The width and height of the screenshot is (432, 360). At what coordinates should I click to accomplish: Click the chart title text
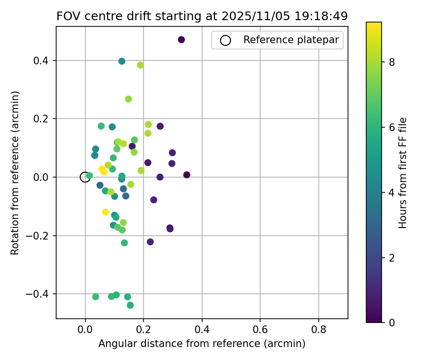[202, 16]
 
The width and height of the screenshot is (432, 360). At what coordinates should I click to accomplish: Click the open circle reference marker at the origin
[85, 177]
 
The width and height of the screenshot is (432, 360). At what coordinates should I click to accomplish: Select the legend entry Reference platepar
[278, 40]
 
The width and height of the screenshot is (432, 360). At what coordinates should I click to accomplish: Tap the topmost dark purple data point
[181, 40]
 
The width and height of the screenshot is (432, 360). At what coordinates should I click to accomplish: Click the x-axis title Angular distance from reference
[202, 344]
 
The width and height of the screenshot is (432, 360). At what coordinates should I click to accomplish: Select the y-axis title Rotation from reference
[15, 173]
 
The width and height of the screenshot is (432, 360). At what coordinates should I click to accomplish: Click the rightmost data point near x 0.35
[187, 175]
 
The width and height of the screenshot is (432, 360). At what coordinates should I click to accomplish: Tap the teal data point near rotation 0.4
[122, 61]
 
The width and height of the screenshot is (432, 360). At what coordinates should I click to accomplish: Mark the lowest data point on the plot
[130, 305]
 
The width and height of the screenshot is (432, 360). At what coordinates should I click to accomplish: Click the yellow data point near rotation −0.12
[106, 212]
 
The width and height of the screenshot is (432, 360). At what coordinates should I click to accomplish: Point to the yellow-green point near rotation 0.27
[128, 99]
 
